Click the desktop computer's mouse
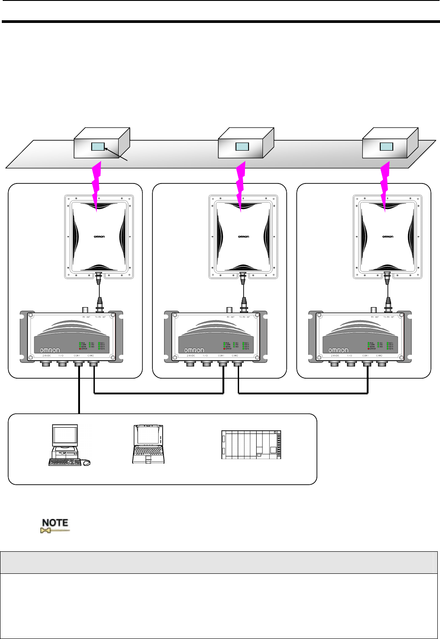(86, 462)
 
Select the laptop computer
(148, 444)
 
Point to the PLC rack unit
(252, 445)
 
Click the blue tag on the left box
(98, 147)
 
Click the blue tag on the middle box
(242, 147)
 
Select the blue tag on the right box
(387, 147)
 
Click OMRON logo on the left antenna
(99, 237)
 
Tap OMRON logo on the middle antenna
(244, 237)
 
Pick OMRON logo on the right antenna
(388, 237)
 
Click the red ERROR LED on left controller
(80, 349)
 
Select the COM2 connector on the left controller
(93, 363)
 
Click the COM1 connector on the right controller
(367, 363)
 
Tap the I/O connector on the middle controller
(205, 363)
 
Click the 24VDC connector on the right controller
(333, 363)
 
